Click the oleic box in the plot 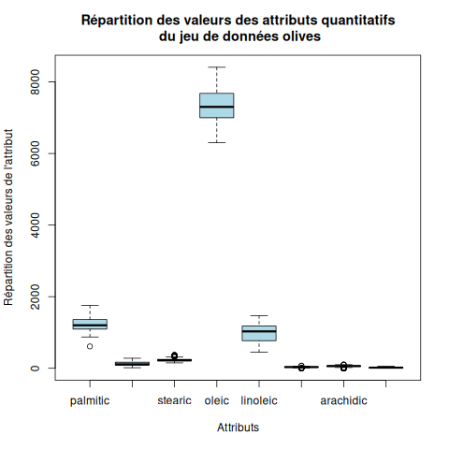coord(217,106)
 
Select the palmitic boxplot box coord(90,324)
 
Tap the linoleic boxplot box coord(259,333)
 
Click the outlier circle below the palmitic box coord(90,346)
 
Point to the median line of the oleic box coord(217,107)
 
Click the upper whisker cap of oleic coord(217,67)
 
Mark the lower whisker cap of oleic coord(217,142)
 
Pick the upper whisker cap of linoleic coord(259,315)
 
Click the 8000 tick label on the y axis coord(35,82)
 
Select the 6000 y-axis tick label coord(35,153)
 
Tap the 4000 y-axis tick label coord(35,225)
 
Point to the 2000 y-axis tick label coord(35,297)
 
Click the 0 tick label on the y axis coord(35,369)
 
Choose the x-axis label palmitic coord(90,401)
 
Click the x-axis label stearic coord(174,400)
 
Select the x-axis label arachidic coord(343,400)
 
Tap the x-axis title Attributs coord(238,427)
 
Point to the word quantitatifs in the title coord(358,21)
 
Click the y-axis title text coord(8,217)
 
